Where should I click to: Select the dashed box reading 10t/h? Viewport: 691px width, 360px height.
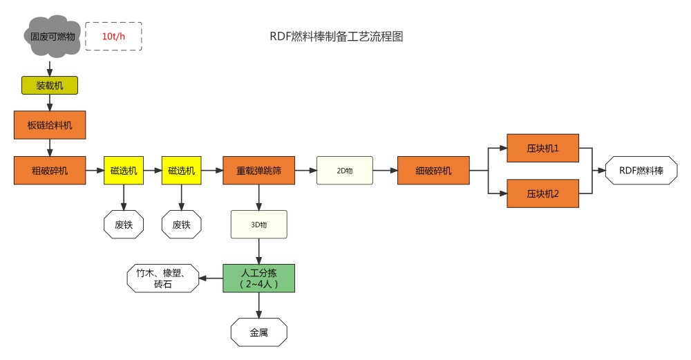click(113, 36)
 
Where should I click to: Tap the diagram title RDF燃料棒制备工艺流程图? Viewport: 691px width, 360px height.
click(337, 37)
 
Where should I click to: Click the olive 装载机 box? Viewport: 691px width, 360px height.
click(50, 85)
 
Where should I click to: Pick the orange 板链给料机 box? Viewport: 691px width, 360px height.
click(50, 125)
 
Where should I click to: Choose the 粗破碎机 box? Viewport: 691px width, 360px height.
click(50, 170)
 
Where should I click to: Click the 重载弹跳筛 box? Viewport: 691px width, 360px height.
click(258, 170)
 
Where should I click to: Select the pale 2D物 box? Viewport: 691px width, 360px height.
click(345, 170)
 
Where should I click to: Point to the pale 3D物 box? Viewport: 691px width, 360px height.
click(258, 224)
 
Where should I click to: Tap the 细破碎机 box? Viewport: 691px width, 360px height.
click(433, 170)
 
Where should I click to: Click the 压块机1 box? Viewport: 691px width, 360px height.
click(542, 147)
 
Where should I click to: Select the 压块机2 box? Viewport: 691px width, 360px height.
click(542, 193)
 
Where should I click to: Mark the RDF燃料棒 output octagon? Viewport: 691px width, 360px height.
click(641, 170)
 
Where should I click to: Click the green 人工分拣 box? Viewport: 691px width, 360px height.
click(258, 278)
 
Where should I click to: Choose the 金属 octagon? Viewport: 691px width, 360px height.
click(258, 332)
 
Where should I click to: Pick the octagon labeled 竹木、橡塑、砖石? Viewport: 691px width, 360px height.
click(163, 278)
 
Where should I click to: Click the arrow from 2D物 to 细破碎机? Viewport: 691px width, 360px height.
click(385, 170)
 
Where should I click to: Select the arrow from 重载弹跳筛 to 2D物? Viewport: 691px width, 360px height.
click(305, 170)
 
